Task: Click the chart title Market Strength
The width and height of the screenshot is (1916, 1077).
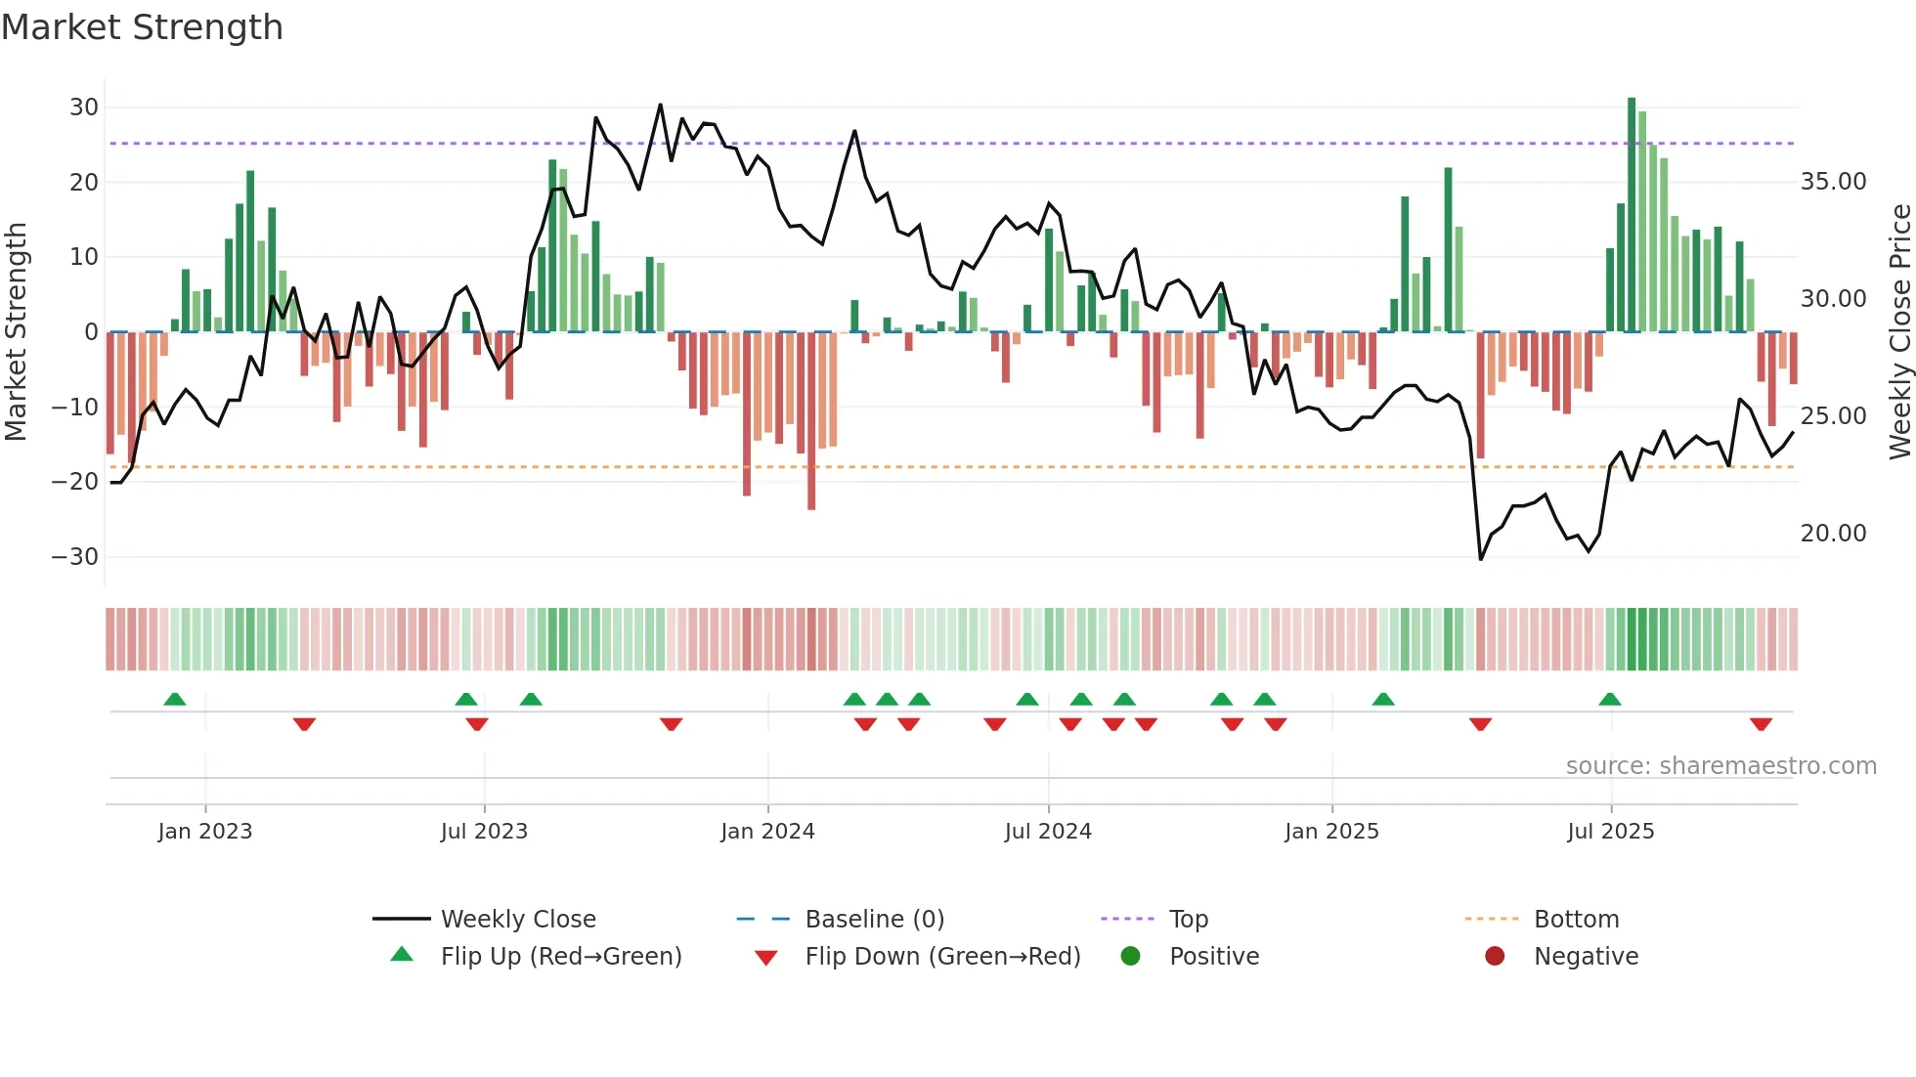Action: [x=142, y=27]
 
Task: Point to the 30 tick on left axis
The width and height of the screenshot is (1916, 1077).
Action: [x=84, y=108]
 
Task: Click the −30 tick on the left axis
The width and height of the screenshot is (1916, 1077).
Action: [x=75, y=557]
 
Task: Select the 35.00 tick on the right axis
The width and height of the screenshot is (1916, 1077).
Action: [x=1833, y=182]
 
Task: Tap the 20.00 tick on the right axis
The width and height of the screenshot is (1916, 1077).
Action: [x=1833, y=534]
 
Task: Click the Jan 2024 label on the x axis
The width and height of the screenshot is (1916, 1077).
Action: [x=767, y=832]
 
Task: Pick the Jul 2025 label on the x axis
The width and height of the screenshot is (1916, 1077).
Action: [x=1610, y=832]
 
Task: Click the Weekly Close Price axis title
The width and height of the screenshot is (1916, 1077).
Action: [x=1899, y=332]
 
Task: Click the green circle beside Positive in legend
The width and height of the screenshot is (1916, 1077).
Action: [x=1131, y=957]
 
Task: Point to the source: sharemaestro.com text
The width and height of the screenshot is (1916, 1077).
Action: [x=1720, y=766]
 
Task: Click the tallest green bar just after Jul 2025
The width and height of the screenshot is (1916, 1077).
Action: [x=1632, y=215]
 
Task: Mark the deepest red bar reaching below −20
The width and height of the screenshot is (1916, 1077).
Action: [x=811, y=420]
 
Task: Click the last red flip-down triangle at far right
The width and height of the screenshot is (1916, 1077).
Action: [x=1761, y=724]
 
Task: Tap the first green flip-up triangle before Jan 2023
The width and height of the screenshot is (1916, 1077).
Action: [x=175, y=700]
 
